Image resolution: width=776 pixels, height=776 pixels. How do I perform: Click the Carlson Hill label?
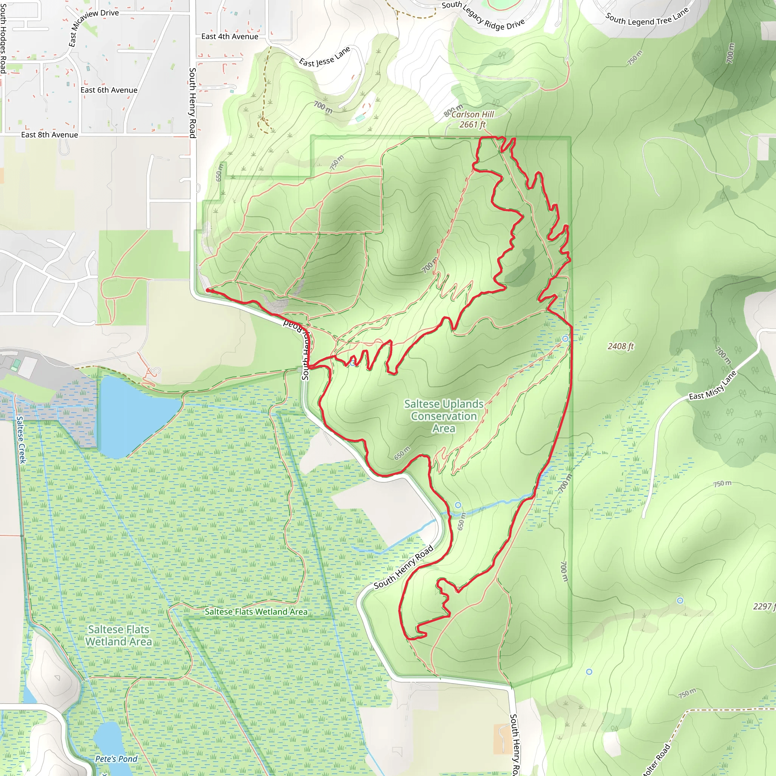pos(472,114)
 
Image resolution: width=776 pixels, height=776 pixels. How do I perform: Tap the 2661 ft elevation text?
pos(472,125)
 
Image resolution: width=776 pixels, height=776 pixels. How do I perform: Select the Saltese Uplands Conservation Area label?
pos(443,416)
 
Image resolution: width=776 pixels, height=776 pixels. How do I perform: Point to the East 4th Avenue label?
pos(230,36)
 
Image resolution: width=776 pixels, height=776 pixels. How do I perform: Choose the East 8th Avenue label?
pos(49,135)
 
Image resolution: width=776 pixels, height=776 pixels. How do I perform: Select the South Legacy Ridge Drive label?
pos(483,15)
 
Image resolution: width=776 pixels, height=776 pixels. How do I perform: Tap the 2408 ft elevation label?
pos(621,346)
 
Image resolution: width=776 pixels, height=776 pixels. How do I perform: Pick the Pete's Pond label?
pos(116,759)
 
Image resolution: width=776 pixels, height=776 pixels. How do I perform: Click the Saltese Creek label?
pos(21,440)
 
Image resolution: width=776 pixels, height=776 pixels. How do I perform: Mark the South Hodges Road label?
pos(3,39)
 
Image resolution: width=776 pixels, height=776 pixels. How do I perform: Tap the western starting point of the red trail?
pos(208,289)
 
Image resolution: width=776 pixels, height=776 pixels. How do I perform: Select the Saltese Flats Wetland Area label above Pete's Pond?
pos(119,635)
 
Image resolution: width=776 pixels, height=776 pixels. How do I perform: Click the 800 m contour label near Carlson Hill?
pos(453,110)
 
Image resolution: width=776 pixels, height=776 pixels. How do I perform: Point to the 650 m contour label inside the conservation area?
pos(402,453)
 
